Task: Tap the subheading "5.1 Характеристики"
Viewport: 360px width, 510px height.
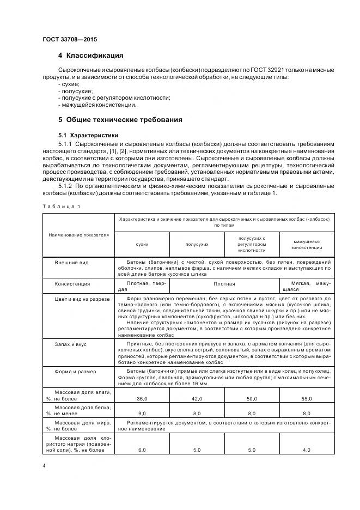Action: pyautogui.click(x=89, y=135)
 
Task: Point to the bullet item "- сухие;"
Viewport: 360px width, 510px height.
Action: pyautogui.click(x=68, y=84)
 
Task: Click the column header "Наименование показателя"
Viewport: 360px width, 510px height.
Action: pyautogui.click(x=78, y=235)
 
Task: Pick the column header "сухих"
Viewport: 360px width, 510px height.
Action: pyautogui.click(x=142, y=246)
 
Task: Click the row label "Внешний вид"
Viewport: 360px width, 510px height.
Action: pyautogui.click(x=68, y=263)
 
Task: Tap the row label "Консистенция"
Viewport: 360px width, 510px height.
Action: pyautogui.click(x=72, y=284)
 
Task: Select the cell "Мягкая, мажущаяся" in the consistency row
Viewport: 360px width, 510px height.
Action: pyautogui.click(x=306, y=287)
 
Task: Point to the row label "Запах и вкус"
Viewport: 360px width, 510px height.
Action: pyautogui.click(x=70, y=344)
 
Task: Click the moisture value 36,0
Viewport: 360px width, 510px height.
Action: pyautogui.click(x=142, y=399)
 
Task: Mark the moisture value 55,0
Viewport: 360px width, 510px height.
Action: pyautogui.click(x=306, y=399)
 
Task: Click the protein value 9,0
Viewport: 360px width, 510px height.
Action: pyautogui.click(x=142, y=414)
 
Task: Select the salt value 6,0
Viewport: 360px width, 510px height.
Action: pyautogui.click(x=142, y=450)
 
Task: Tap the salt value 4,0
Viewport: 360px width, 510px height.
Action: pyautogui.click(x=306, y=450)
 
